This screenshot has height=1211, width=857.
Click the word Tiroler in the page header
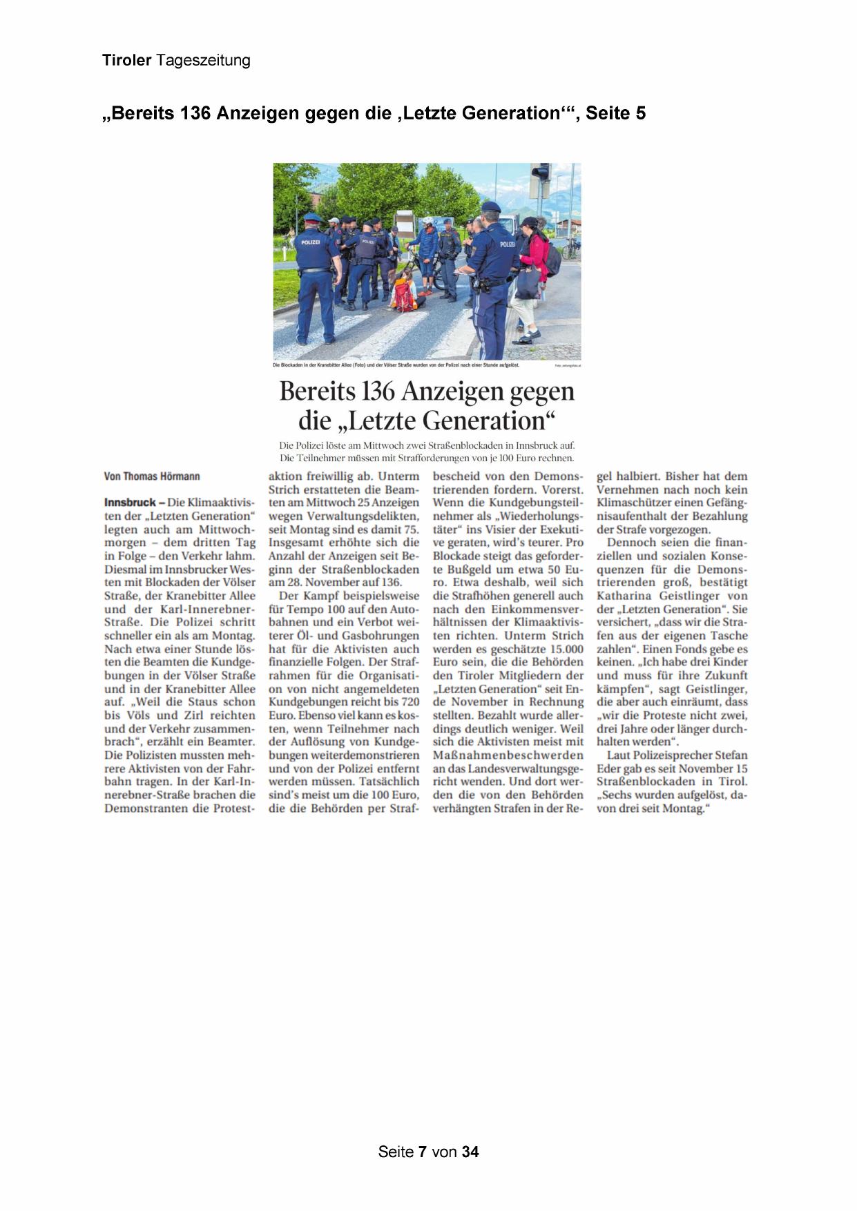[x=126, y=61]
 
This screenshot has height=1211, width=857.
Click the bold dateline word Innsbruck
[x=130, y=503]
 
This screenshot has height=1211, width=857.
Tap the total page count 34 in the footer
[x=470, y=1152]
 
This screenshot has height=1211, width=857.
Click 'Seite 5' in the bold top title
[x=616, y=113]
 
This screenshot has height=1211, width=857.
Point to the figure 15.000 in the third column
[x=561, y=649]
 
